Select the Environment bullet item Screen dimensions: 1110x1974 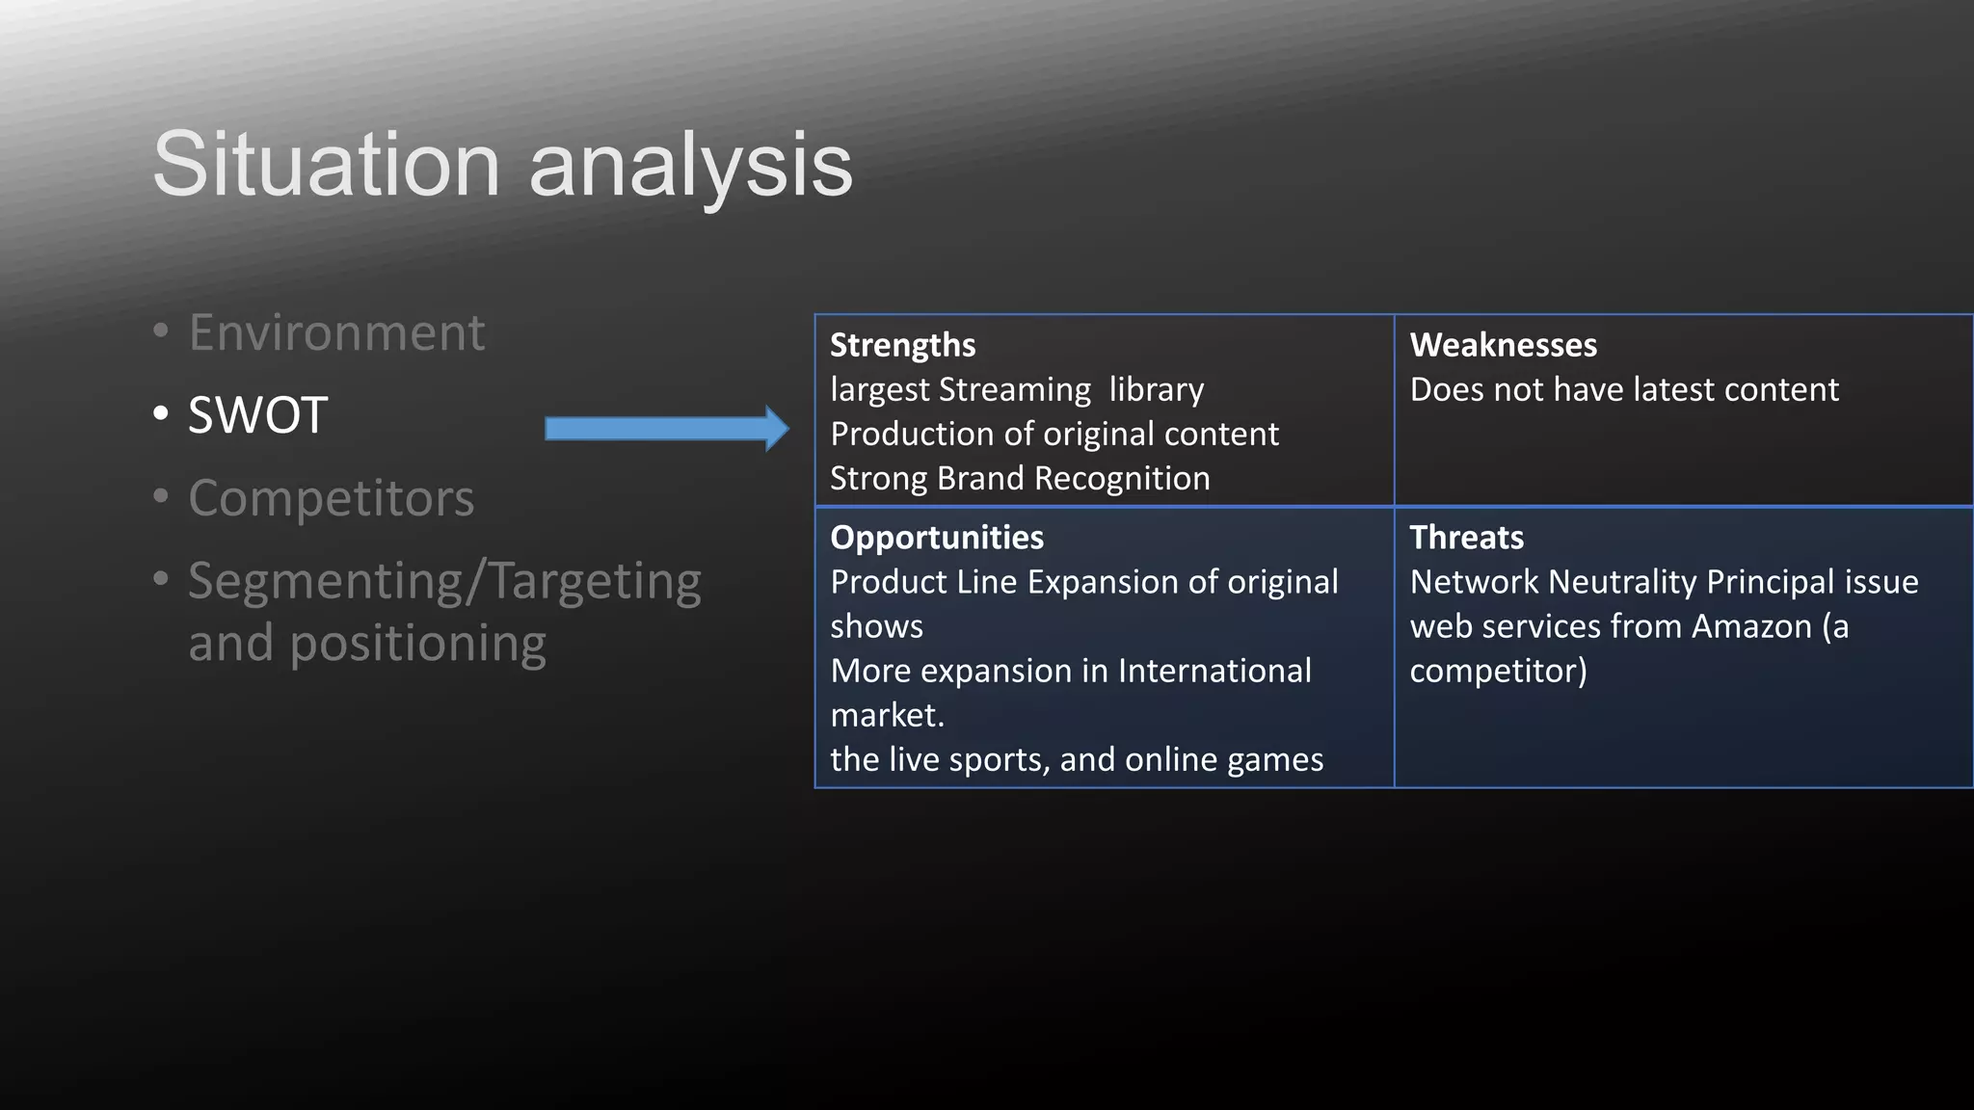click(335, 332)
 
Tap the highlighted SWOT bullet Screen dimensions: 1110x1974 click(257, 415)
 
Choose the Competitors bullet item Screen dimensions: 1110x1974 click(331, 498)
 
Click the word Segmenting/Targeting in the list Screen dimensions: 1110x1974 click(444, 583)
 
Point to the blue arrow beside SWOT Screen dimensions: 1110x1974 click(666, 429)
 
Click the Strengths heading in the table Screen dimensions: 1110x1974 click(902, 345)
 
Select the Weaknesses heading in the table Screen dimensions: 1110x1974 click(1503, 345)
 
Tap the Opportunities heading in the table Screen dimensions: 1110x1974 click(936, 538)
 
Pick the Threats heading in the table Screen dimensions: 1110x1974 click(1466, 538)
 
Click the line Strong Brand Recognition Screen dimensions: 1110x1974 click(1020, 478)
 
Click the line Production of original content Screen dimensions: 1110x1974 click(1054, 434)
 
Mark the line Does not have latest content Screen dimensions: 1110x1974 click(1624, 389)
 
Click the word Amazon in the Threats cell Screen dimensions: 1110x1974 click(1751, 626)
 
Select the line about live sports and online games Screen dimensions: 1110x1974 click(1076, 759)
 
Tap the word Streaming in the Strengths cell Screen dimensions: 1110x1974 click(1014, 389)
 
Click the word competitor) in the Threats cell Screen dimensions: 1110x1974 click(1498, 671)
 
